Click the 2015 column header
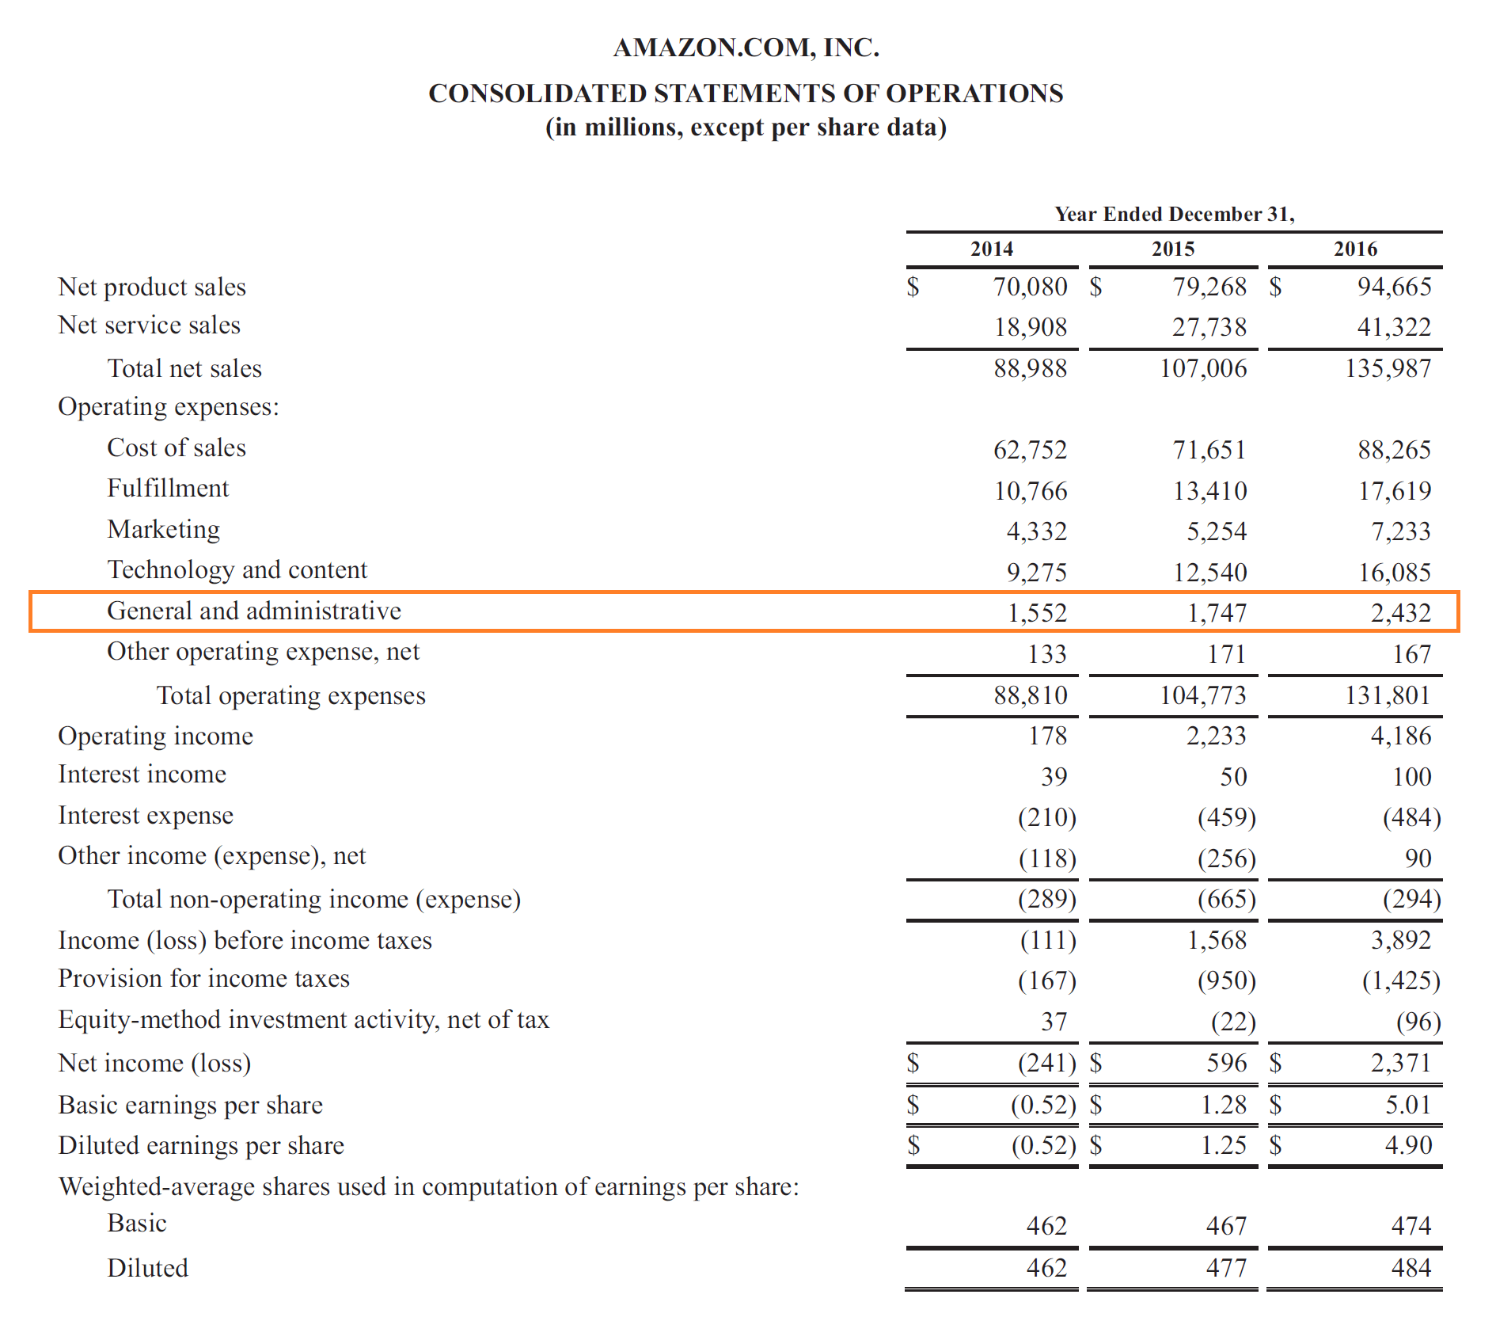1172,249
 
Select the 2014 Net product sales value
1030,287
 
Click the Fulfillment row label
168,489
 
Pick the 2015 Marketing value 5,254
1216,531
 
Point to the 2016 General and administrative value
1400,613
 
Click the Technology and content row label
237,570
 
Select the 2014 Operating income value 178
1047,736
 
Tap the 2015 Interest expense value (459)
1226,817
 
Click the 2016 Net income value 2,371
1400,1063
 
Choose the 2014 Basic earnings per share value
1043,1105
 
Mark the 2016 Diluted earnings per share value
1408,1145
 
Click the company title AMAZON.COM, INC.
746,48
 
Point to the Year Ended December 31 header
1174,214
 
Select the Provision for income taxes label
203,979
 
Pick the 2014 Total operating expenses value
1030,695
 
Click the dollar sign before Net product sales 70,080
913,287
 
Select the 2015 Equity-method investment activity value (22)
1233,1022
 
